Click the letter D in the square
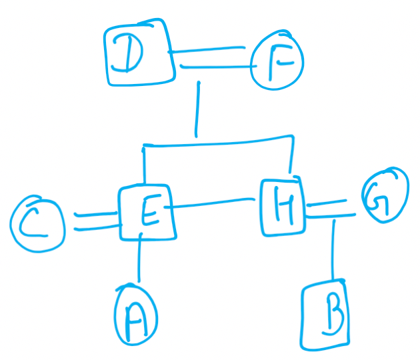point(128,53)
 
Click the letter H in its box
point(285,205)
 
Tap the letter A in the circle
point(135,321)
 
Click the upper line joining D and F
point(207,49)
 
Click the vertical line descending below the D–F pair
point(198,109)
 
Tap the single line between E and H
point(209,203)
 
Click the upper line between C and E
point(95,214)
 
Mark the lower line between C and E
point(98,228)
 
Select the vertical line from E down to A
point(139,257)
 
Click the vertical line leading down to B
point(333,249)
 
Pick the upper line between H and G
point(327,203)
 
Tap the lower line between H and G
point(331,216)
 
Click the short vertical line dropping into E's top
point(144,165)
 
